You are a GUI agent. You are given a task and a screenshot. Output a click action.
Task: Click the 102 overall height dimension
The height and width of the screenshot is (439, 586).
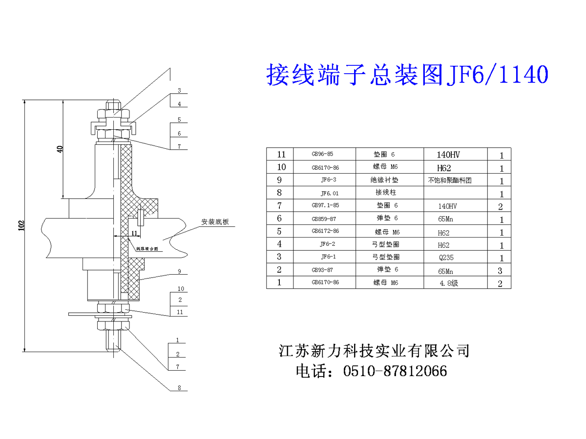21,225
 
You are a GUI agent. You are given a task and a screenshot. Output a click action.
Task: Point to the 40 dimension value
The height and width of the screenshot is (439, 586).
60,149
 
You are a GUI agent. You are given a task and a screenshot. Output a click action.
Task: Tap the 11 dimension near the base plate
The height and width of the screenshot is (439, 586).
134,233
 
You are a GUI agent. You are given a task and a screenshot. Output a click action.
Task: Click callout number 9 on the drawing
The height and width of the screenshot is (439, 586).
180,271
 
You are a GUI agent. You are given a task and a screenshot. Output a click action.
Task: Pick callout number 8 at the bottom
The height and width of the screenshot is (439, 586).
180,388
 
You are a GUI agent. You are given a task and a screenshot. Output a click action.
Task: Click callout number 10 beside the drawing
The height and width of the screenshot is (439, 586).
180,288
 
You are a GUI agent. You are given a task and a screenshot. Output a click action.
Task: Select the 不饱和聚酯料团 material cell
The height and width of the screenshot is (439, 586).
450,180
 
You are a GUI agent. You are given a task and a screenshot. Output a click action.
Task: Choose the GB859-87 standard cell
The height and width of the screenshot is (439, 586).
324,219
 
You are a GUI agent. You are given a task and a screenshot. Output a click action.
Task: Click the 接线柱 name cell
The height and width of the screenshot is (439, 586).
382,193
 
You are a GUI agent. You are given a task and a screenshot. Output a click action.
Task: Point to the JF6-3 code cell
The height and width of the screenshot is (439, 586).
329,180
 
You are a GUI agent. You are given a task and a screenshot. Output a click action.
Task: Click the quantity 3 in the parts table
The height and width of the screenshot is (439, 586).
500,271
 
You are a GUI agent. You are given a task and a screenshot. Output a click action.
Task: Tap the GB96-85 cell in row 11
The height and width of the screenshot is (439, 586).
322,154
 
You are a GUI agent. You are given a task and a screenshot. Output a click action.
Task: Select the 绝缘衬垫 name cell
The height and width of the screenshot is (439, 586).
384,180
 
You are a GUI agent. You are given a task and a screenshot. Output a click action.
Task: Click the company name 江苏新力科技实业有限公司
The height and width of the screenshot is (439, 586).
374,351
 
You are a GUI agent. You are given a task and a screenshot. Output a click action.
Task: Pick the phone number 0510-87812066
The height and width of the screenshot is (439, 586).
396,371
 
